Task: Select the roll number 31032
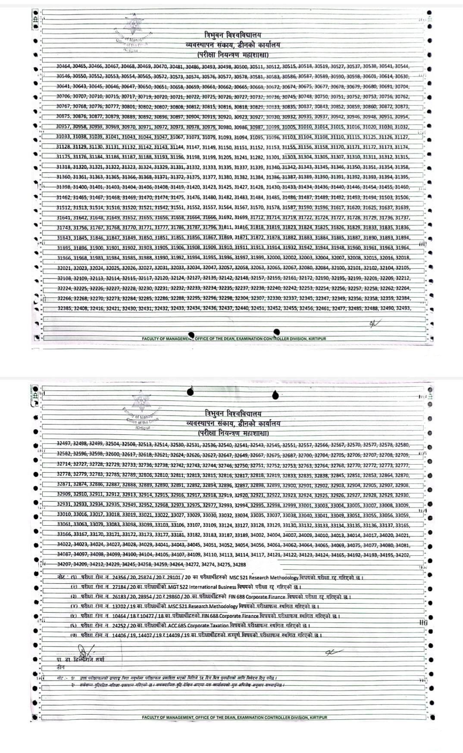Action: [401, 127]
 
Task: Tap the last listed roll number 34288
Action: [238, 564]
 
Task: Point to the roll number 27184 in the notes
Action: [122, 587]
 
